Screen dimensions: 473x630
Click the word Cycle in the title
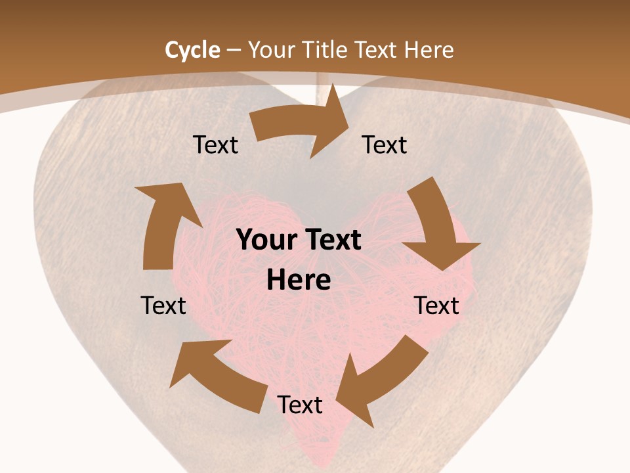coord(192,50)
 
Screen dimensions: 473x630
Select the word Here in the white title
coord(429,50)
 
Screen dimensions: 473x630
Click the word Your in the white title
coord(272,50)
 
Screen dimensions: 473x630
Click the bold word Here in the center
coord(299,281)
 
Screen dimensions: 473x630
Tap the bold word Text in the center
coord(333,240)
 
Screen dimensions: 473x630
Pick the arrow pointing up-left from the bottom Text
coord(217,374)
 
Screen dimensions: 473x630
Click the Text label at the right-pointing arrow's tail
coord(216,145)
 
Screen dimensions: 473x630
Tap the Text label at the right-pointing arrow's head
coord(385,145)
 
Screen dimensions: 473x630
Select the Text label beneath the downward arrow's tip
coord(436,305)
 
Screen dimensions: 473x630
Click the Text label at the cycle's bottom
coord(300,405)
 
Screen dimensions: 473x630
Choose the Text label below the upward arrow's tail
coord(163,305)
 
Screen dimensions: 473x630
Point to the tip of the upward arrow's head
coord(136,187)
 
